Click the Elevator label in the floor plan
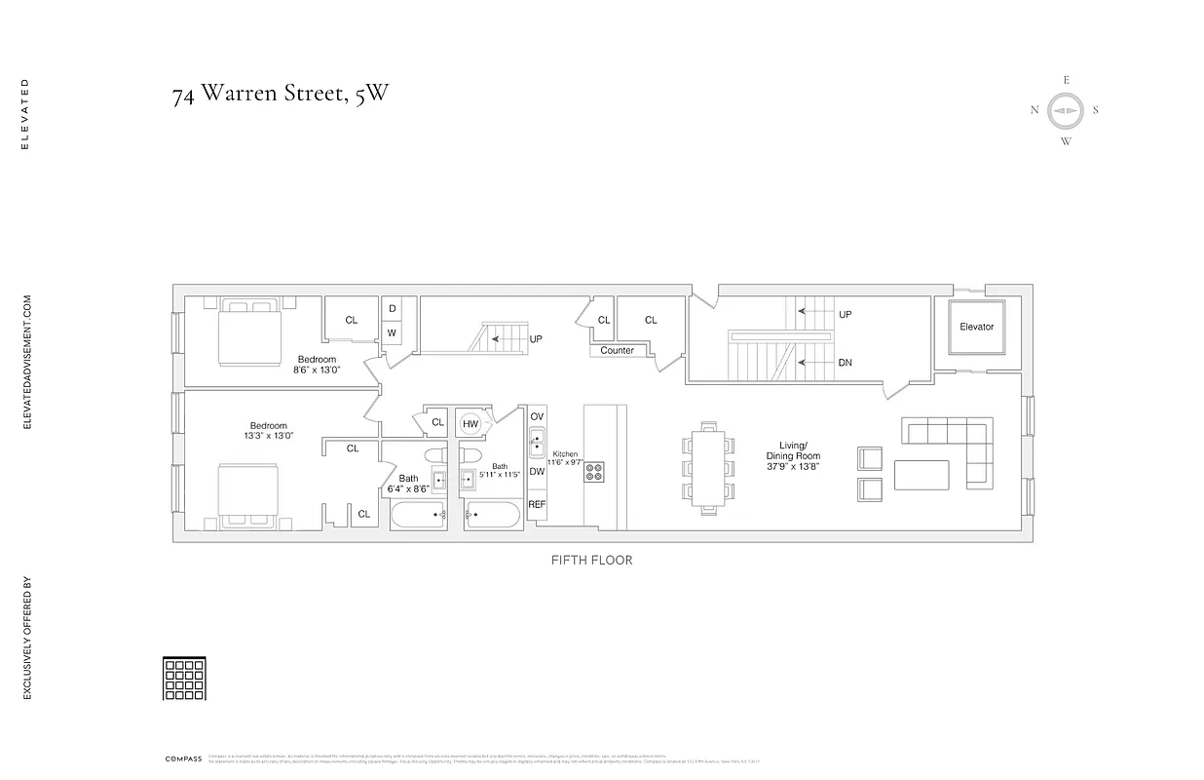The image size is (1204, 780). tap(976, 327)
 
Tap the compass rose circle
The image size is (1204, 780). tap(1066, 110)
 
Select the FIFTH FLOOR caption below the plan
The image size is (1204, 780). tap(591, 561)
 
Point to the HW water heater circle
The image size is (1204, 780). tap(471, 424)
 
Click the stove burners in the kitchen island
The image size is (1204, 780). tap(595, 472)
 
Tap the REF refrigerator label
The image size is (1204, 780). tap(537, 504)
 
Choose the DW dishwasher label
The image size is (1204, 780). tap(537, 471)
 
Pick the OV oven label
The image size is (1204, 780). tap(537, 416)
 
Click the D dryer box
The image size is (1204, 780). tap(392, 308)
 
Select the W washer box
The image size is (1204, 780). tap(392, 332)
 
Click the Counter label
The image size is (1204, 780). tap(617, 351)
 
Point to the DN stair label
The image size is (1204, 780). tap(845, 363)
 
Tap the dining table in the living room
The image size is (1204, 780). tap(708, 467)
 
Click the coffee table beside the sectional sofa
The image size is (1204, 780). tap(921, 475)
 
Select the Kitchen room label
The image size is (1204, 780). tap(565, 454)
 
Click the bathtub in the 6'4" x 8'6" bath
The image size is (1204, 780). tap(419, 514)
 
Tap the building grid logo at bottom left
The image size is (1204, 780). tap(184, 679)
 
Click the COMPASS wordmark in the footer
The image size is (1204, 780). tap(183, 758)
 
